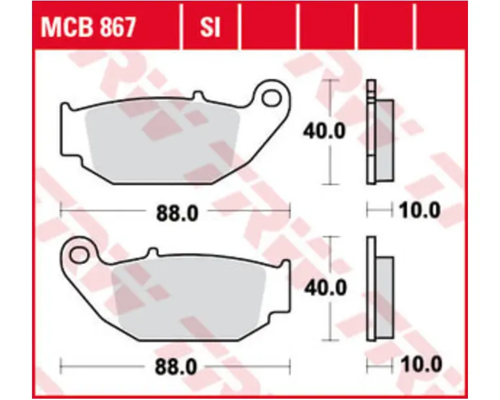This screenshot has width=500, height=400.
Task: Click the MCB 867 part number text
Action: coord(88,27)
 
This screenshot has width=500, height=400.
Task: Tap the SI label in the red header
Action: coord(210,27)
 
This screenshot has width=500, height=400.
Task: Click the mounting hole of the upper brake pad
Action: coord(272,98)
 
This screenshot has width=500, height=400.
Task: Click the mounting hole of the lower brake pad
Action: coord(78,255)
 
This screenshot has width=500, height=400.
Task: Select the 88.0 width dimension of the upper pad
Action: coord(177,213)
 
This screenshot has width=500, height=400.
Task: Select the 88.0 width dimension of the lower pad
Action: coord(176,367)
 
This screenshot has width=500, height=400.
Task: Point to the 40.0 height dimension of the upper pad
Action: coord(324,131)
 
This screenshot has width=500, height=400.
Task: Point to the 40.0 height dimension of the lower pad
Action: coord(325,288)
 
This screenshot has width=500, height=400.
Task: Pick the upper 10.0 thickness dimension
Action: coord(420,210)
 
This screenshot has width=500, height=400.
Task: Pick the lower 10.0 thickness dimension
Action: coord(421,364)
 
